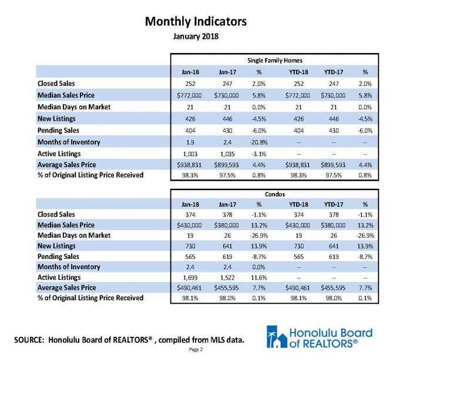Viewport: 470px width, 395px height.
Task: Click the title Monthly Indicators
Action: pyautogui.click(x=196, y=22)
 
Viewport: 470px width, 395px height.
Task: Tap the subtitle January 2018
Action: pyautogui.click(x=196, y=36)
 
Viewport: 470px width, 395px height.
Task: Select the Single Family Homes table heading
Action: pyautogui.click(x=274, y=61)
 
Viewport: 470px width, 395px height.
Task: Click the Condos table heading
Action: pyautogui.click(x=274, y=194)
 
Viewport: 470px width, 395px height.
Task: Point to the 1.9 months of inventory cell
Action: pyautogui.click(x=190, y=142)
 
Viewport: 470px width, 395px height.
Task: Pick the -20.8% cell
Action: pyautogui.click(x=258, y=142)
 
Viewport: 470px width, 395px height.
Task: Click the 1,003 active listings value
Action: pyautogui.click(x=190, y=154)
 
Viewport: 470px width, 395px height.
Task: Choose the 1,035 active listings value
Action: pyautogui.click(x=227, y=154)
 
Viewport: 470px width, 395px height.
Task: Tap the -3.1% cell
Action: pyautogui.click(x=258, y=154)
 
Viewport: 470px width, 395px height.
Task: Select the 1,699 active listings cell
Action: pyautogui.click(x=190, y=277)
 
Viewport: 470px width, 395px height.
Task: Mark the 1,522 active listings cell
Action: pyautogui.click(x=227, y=277)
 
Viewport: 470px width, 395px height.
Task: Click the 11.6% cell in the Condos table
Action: pyautogui.click(x=258, y=277)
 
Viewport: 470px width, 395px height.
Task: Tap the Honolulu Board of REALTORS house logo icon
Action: pyautogui.click(x=277, y=337)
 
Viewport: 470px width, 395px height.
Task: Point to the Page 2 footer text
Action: pyautogui.click(x=196, y=350)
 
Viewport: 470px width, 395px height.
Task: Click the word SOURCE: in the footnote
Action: pyautogui.click(x=29, y=340)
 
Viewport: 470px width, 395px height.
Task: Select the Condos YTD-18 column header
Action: pyautogui.click(x=298, y=204)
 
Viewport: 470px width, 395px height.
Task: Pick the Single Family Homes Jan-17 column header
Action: pyautogui.click(x=227, y=72)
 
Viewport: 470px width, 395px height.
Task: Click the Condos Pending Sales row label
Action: pyautogui.click(x=58, y=257)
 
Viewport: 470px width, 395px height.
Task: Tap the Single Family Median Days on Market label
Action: pyautogui.click(x=74, y=107)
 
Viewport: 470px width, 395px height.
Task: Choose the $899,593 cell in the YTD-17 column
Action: pyautogui.click(x=333, y=165)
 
